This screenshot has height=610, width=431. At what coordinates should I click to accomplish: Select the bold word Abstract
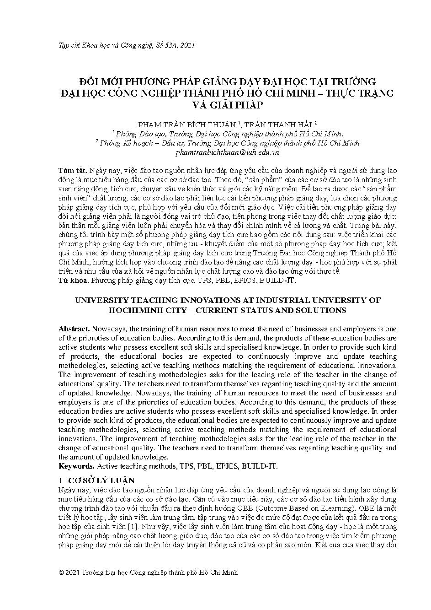[x=74, y=329]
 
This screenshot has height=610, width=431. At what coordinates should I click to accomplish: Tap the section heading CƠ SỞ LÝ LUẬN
[x=101, y=480]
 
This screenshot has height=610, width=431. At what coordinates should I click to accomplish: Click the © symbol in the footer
[x=62, y=572]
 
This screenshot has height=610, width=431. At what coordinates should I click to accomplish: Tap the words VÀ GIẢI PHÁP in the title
[x=227, y=105]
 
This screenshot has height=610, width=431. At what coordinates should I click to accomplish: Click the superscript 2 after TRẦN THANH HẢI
[x=316, y=123]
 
